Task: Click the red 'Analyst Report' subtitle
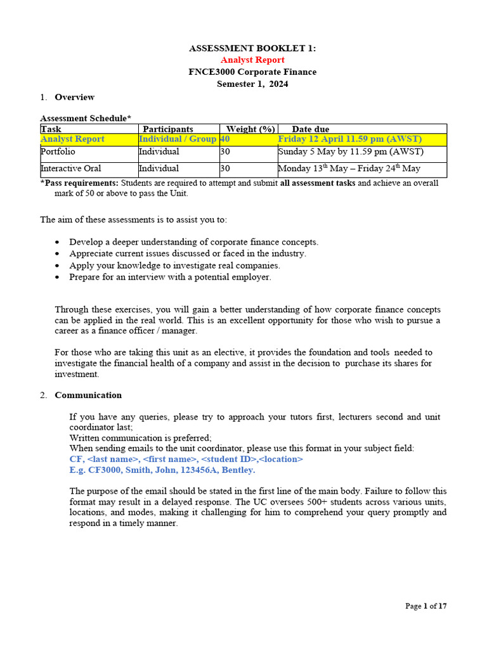(x=252, y=60)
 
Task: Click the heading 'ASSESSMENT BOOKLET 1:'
(x=252, y=48)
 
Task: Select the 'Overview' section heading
(x=74, y=97)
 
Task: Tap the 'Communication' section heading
(x=88, y=395)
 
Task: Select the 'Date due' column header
(x=310, y=129)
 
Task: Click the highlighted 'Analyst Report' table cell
(x=72, y=139)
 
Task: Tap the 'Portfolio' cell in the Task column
(x=58, y=151)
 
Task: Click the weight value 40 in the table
(x=224, y=139)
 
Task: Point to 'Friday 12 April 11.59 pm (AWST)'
(x=350, y=139)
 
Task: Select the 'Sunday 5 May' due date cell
(x=351, y=151)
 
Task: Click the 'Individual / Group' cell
(x=178, y=139)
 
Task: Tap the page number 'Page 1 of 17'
(x=426, y=606)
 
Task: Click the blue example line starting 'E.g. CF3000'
(x=162, y=470)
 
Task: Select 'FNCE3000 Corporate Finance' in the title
(x=252, y=72)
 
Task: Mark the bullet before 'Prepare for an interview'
(x=58, y=278)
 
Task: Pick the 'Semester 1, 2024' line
(x=252, y=84)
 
